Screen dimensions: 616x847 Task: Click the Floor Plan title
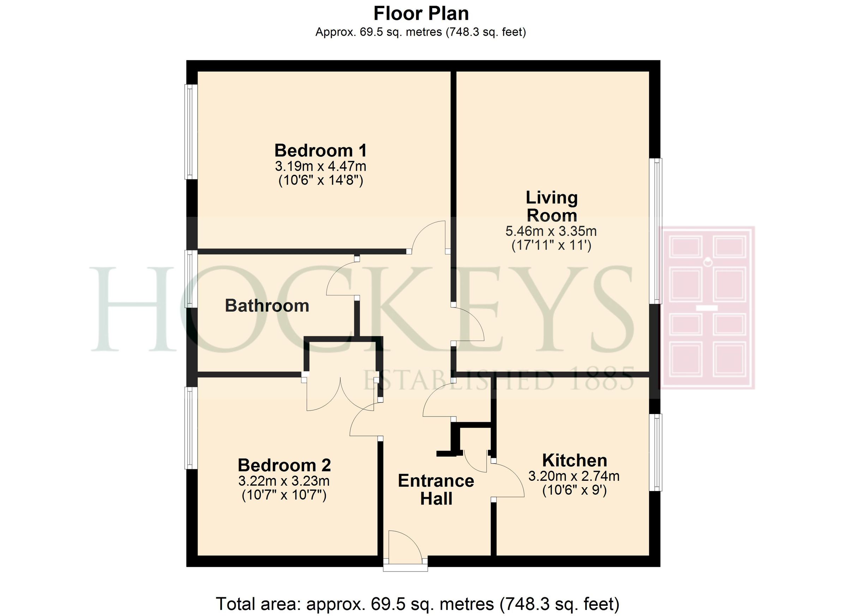pyautogui.click(x=421, y=14)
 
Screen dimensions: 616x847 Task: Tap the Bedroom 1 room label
pyautogui.click(x=320, y=150)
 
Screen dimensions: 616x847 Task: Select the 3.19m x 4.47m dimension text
pyautogui.click(x=320, y=166)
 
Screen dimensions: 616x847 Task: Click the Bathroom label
pyautogui.click(x=267, y=306)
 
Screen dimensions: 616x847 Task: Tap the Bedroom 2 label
pyautogui.click(x=284, y=465)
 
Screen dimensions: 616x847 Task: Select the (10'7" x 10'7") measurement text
pyautogui.click(x=284, y=495)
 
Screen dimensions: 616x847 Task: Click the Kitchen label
pyautogui.click(x=575, y=460)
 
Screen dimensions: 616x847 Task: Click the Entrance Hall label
pyautogui.click(x=436, y=490)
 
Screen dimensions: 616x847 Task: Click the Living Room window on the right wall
pyautogui.click(x=655, y=231)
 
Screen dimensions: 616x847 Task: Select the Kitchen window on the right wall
pyautogui.click(x=655, y=452)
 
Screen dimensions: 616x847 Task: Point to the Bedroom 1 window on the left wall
pyautogui.click(x=191, y=131)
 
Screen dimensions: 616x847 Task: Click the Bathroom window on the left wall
pyautogui.click(x=191, y=279)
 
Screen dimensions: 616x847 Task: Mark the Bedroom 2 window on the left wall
pyautogui.click(x=191, y=428)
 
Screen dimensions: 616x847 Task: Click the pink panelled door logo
pyautogui.click(x=707, y=307)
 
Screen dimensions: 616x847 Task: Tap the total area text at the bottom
pyautogui.click(x=418, y=604)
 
